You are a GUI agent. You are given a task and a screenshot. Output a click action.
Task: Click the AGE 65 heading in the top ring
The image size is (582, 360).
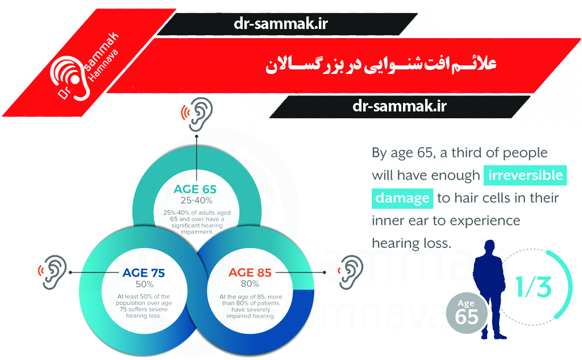tap(195, 189)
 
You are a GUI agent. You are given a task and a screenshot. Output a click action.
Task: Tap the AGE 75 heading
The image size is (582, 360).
tap(144, 272)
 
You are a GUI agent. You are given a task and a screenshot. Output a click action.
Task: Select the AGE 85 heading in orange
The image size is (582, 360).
tap(250, 272)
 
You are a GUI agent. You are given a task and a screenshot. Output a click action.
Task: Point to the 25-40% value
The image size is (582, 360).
tap(196, 201)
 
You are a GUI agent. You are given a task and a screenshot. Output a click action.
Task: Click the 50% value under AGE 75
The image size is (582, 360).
tap(144, 284)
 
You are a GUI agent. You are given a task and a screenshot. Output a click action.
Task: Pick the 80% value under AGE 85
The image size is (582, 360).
tap(250, 284)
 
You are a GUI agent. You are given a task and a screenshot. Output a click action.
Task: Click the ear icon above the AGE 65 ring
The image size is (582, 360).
tap(197, 114)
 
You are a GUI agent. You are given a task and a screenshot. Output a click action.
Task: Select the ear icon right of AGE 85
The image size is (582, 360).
tap(349, 272)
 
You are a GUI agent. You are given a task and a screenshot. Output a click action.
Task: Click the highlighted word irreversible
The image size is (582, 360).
tap(525, 175)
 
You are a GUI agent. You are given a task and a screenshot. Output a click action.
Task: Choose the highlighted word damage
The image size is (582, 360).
tap(402, 198)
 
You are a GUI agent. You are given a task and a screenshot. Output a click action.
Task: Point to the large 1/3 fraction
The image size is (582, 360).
tap(533, 287)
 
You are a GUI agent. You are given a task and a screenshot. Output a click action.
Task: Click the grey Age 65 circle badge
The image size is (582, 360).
tap(467, 312)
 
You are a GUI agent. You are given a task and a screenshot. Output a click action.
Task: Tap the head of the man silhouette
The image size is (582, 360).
tap(489, 247)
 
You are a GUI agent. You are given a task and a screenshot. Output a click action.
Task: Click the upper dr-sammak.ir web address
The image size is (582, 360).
tap(281, 24)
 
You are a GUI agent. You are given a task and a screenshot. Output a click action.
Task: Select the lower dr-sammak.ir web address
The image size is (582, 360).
tap(400, 106)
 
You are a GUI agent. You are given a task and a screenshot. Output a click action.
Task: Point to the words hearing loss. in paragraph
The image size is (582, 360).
tap(411, 243)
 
